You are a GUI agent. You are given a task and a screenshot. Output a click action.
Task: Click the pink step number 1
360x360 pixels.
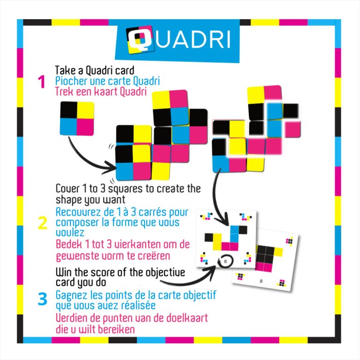coord(42,82)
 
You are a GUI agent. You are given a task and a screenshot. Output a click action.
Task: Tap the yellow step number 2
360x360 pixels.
coord(43,223)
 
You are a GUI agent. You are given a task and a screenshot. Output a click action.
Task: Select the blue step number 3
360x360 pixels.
coord(43,299)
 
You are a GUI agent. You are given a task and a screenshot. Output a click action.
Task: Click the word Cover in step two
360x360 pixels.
coord(67,189)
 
